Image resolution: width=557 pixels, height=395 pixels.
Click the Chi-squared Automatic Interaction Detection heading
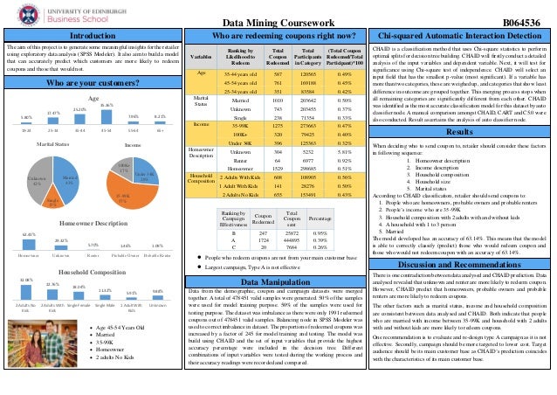459,35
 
